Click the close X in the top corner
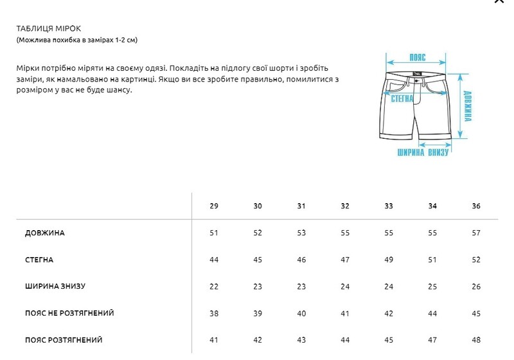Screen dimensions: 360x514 [x=499, y=2]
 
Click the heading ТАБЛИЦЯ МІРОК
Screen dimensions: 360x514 [x=49, y=28]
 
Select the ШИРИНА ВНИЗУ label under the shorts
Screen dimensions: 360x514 [x=422, y=152]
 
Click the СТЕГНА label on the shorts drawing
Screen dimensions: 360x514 [x=402, y=98]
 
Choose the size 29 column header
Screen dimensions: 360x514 [x=214, y=206]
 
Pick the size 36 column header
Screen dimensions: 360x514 [x=476, y=206]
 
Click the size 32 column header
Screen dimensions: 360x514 [x=345, y=206]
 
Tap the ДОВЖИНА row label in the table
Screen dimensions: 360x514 [x=45, y=233]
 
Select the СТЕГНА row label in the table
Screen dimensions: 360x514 [x=39, y=260]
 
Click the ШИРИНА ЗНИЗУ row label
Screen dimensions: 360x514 [x=55, y=286]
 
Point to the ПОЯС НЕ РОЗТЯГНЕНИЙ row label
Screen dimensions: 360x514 [x=69, y=313]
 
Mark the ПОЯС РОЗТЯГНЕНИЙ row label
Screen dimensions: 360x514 [x=64, y=340]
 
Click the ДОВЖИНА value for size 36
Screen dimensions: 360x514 [x=476, y=233]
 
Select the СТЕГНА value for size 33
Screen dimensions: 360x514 [x=389, y=260]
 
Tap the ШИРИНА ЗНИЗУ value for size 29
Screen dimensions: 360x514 [x=214, y=286]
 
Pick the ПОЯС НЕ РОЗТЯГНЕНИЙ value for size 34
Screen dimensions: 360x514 [x=432, y=313]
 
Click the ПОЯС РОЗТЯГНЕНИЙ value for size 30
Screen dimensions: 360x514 [x=258, y=340]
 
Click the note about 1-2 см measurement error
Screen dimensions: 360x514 [x=77, y=40]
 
